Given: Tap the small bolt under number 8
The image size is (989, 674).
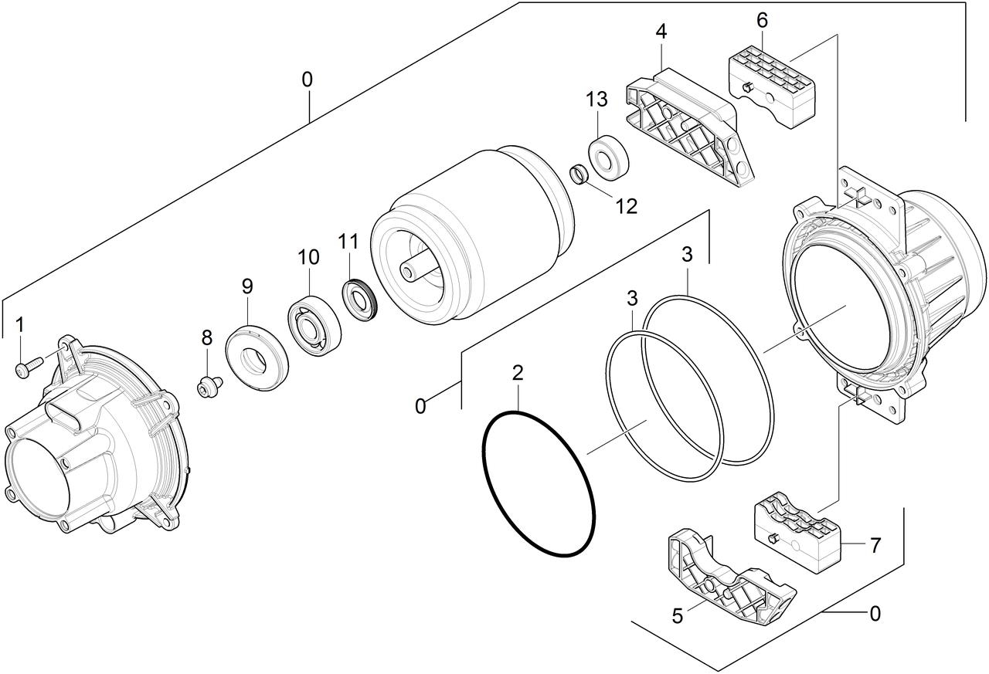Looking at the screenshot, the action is (x=209, y=386).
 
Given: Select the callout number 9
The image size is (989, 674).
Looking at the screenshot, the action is (x=247, y=286).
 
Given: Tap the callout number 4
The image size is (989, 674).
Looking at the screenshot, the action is (x=661, y=32).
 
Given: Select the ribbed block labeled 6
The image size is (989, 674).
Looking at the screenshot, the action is (x=771, y=88).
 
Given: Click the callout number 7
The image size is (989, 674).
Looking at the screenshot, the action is (x=875, y=546).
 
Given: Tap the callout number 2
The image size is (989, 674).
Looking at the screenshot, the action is (x=518, y=373).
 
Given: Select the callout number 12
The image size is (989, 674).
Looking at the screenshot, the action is (x=626, y=206).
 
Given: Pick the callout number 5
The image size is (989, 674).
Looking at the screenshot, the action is (x=678, y=616).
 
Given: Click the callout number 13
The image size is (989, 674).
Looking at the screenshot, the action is (x=596, y=100).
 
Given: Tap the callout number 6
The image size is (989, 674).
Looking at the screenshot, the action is (x=762, y=20).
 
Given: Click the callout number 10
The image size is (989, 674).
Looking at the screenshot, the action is (x=308, y=257).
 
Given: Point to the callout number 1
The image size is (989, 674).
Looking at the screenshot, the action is (x=19, y=325).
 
